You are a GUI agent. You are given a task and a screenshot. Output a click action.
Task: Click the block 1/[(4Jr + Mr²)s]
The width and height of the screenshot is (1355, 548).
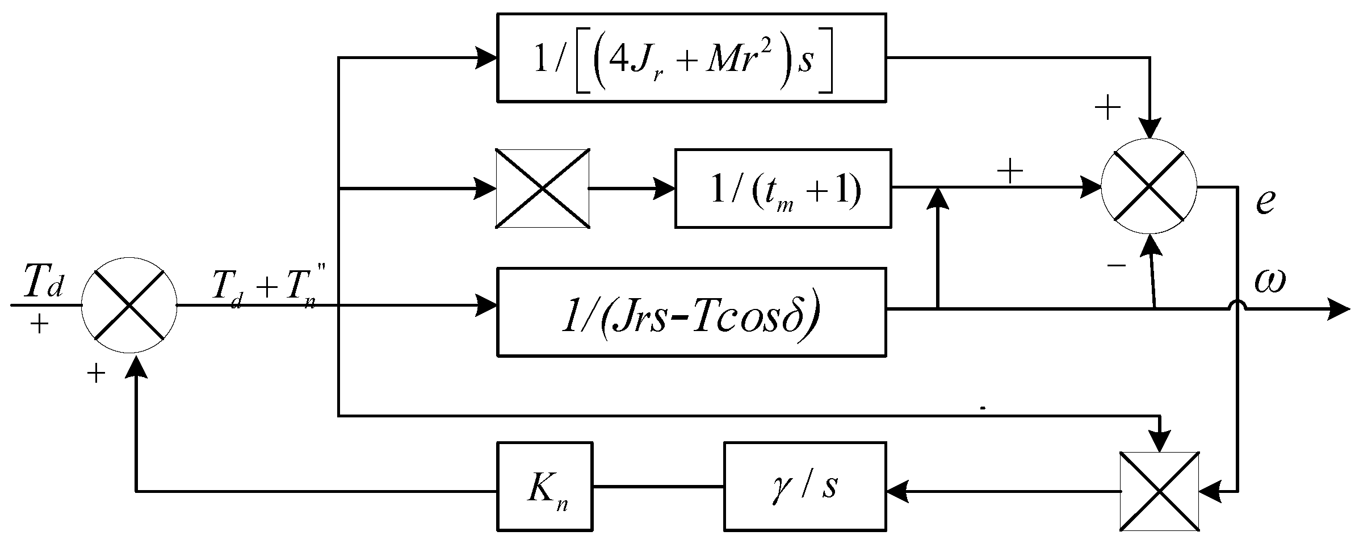point(691,58)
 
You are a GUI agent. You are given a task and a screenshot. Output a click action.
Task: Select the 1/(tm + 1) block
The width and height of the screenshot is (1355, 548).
point(782,189)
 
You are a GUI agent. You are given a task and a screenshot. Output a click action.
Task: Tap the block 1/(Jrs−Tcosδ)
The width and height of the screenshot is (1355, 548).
point(691,312)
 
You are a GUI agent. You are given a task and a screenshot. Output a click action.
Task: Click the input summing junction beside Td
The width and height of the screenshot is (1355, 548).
point(130,305)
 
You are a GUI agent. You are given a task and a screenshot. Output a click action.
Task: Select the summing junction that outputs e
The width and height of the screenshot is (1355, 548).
point(1149,186)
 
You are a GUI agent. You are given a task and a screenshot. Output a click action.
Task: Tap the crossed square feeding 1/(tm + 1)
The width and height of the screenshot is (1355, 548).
point(542,189)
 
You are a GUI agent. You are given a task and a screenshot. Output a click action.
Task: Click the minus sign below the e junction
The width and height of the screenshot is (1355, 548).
point(1117,265)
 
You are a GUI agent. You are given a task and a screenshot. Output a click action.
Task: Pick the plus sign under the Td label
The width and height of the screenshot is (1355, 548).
point(39,324)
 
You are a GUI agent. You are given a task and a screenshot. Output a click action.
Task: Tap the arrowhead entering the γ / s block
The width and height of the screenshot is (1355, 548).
point(897,491)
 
